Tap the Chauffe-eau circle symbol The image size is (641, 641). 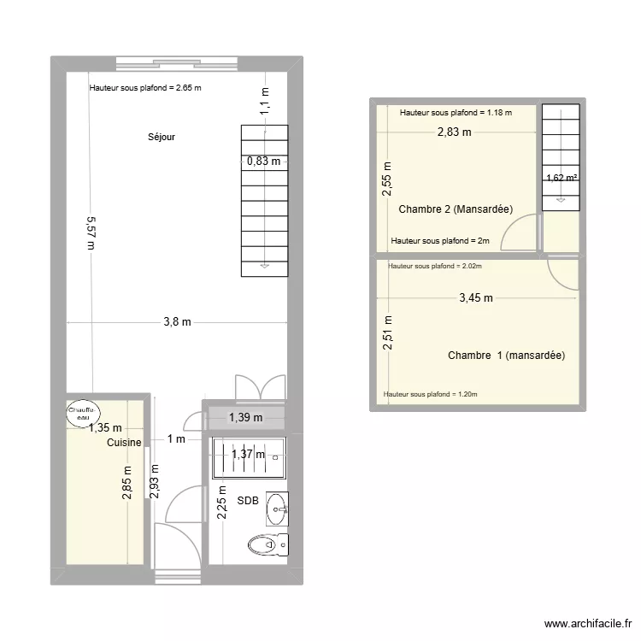click(83, 412)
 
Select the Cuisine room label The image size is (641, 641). click(124, 443)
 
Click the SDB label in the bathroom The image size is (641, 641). click(248, 501)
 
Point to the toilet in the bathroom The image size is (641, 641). click(268, 544)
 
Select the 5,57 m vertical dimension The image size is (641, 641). click(91, 231)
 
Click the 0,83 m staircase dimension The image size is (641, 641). click(263, 160)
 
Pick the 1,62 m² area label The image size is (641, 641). click(562, 179)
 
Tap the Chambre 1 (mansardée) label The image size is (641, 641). click(506, 356)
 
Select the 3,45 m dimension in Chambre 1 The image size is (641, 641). click(475, 298)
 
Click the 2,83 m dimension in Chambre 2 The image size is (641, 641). click(454, 132)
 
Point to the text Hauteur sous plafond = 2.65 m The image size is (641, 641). click(145, 88)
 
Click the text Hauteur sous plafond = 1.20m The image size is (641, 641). click(431, 395)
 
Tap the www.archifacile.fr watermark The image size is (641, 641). click(586, 625)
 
